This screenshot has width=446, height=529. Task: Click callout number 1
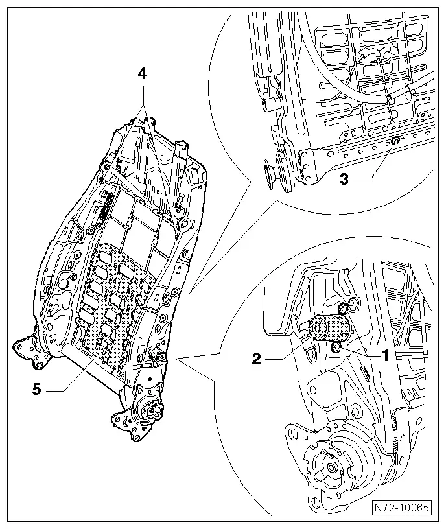coord(385,355)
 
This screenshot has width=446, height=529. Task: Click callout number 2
coord(257,359)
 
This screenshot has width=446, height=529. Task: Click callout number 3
coord(344,179)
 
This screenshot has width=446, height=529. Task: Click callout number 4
coord(142,74)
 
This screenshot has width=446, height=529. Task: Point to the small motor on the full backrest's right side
coord(157,354)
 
